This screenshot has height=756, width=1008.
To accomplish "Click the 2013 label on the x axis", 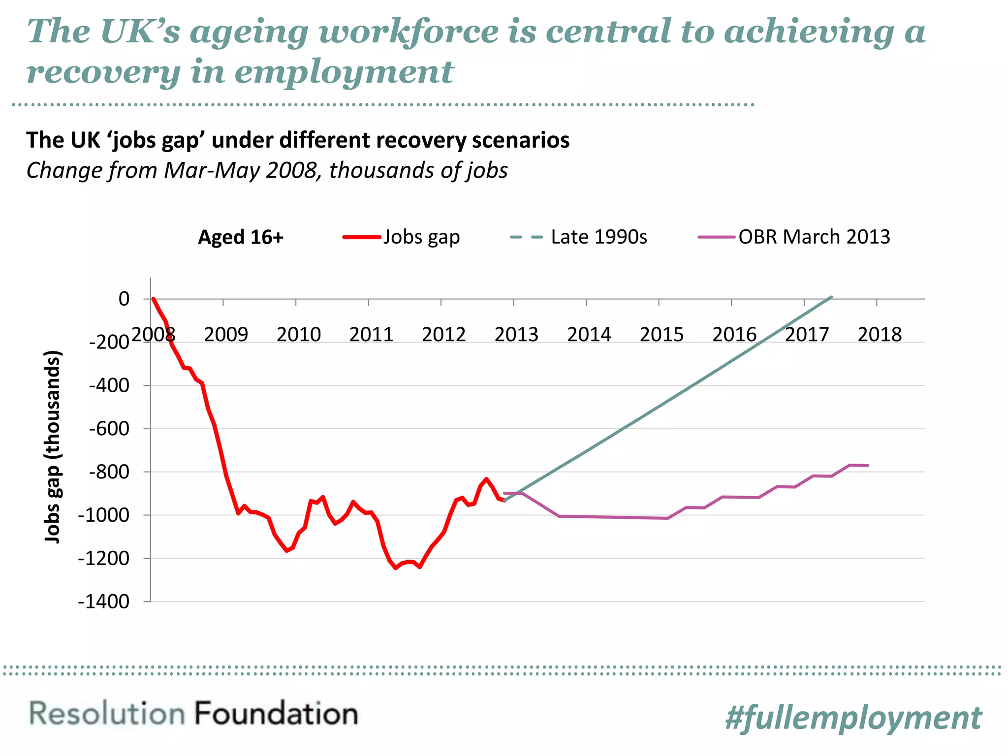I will (x=516, y=335).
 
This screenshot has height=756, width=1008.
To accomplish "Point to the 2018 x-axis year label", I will (x=880, y=335).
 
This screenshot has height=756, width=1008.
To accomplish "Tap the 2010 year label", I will (x=298, y=335).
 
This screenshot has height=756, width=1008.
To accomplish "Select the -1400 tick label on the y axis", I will (x=103, y=601).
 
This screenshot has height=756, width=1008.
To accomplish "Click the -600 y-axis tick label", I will (x=109, y=429).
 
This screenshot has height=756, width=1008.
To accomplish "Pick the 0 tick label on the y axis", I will (x=124, y=299).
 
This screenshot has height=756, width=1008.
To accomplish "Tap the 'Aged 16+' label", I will (x=241, y=237).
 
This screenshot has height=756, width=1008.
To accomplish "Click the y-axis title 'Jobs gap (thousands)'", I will (x=52, y=446).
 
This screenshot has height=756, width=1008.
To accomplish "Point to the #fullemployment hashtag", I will (x=853, y=718).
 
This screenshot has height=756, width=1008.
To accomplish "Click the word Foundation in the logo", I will (x=276, y=714).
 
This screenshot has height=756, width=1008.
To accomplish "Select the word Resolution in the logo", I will (x=107, y=714).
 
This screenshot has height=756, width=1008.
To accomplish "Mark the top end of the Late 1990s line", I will (x=831, y=297).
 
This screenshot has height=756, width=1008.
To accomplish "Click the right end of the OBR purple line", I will (x=868, y=465).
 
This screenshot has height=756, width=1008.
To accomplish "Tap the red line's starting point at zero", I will (x=154, y=299).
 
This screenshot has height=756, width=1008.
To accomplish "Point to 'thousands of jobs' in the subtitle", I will (x=418, y=170).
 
